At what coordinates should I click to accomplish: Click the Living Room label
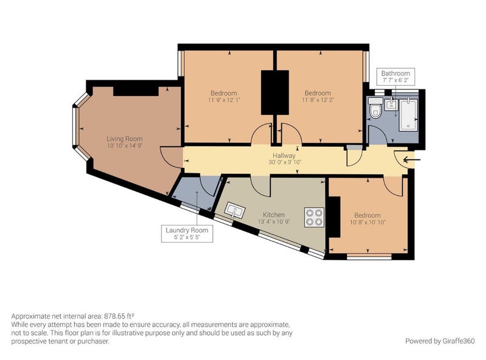tap(125, 139)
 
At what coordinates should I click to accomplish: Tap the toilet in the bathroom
tap(375, 108)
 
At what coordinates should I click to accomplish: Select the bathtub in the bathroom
tap(409, 114)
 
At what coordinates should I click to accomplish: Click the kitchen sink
tap(235, 211)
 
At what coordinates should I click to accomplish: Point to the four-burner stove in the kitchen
tap(314, 217)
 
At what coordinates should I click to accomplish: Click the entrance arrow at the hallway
tap(412, 160)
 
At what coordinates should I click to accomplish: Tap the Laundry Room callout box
tap(187, 234)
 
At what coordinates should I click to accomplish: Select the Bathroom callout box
tap(395, 77)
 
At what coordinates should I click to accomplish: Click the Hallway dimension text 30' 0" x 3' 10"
tap(285, 162)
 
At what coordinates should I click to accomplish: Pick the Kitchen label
tap(274, 215)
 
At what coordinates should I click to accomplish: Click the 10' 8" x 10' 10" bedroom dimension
tap(368, 222)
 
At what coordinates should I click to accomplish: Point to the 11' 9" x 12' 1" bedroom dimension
tap(224, 100)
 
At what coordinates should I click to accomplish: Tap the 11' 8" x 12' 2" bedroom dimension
tap(318, 100)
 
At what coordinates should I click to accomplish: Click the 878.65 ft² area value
tap(119, 316)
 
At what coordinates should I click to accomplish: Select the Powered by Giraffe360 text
tap(440, 341)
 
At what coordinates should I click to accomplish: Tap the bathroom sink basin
tap(391, 104)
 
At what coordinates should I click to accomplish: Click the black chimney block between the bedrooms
tap(275, 92)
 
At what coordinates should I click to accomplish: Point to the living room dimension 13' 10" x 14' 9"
tap(125, 145)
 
